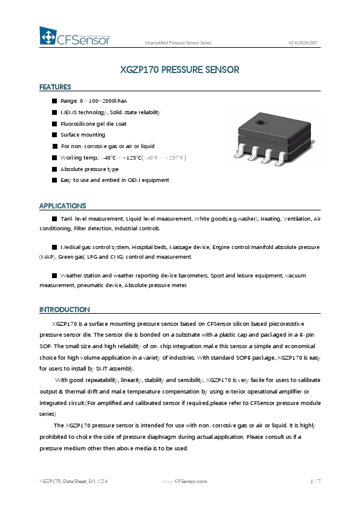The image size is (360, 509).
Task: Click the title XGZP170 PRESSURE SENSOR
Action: click(180, 70)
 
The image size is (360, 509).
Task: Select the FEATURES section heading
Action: click(55, 87)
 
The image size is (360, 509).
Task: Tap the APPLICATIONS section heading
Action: click(62, 206)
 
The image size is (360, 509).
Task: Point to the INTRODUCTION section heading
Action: click(64, 310)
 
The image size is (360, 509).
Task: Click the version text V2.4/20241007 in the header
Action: click(303, 43)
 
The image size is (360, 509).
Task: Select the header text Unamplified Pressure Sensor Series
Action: click(178, 43)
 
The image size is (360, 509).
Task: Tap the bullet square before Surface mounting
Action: click(54, 135)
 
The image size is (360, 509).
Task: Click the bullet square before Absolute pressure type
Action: click(54, 169)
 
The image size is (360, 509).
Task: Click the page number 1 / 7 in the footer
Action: click(315, 481)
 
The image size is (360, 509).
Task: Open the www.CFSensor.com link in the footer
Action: click(185, 481)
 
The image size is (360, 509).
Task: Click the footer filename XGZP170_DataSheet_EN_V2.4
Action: click(73, 481)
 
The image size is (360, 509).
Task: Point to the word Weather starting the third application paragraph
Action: click(71, 275)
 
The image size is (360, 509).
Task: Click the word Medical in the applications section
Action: click(71, 247)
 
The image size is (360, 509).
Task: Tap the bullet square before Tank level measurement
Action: click(54, 218)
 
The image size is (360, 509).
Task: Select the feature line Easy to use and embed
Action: click(114, 180)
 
